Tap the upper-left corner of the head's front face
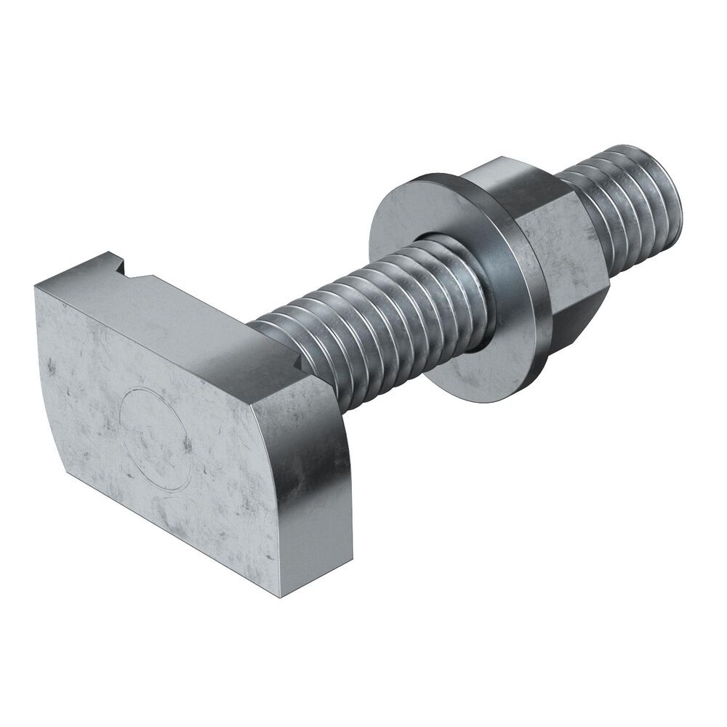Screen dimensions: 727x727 36,285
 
